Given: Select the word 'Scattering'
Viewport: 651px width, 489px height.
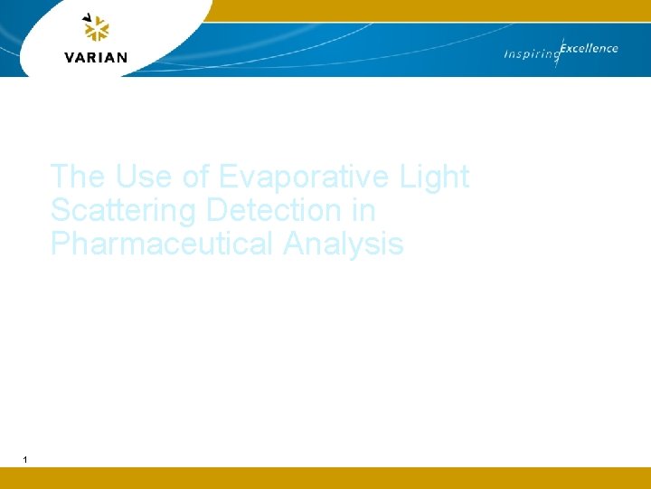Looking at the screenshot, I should tap(124, 211).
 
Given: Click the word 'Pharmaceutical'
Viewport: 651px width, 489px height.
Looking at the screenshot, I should tap(163, 244).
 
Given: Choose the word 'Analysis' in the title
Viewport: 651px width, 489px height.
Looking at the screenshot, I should tap(344, 244).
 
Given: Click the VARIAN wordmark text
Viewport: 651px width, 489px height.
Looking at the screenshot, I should tap(96, 57).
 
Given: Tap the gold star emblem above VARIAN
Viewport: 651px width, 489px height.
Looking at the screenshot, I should tap(96, 29).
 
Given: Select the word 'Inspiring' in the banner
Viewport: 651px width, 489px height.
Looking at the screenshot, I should tap(531, 55).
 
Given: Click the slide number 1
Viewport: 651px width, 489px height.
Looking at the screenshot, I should tap(25, 460).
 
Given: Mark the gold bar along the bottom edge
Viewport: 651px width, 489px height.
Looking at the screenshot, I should tap(325, 478).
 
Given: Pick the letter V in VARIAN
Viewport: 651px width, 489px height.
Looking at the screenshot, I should tap(70, 57).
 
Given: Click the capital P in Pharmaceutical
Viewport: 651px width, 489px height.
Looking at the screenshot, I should tap(61, 244).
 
